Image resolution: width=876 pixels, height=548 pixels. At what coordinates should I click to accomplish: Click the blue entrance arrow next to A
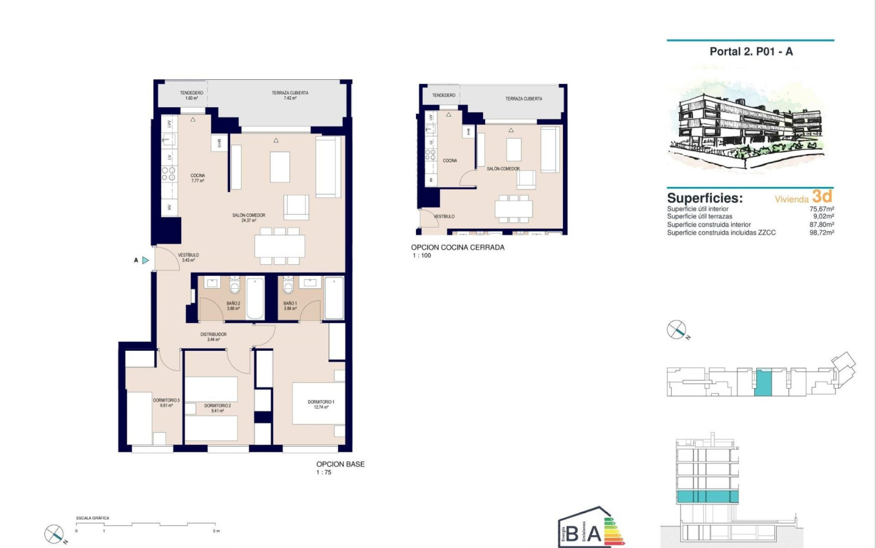(146, 260)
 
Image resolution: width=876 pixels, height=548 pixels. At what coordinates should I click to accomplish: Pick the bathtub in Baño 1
(334, 297)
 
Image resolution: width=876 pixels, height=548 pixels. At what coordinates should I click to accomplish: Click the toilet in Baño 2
(234, 285)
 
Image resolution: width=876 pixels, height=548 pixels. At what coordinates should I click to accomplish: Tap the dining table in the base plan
(280, 246)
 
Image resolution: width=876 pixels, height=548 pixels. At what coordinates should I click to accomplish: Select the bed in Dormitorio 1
(318, 404)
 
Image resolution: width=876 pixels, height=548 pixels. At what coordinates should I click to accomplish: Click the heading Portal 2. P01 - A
(750, 52)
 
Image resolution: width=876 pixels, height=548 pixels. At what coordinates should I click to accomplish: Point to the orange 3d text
(822, 197)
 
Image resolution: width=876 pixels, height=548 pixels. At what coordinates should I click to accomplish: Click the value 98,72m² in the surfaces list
(821, 232)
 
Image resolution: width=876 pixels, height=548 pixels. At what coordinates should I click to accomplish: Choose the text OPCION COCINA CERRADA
(457, 248)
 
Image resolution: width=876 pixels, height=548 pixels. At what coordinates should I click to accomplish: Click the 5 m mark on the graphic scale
(216, 531)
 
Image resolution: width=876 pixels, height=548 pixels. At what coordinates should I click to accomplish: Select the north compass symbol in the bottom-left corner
(54, 534)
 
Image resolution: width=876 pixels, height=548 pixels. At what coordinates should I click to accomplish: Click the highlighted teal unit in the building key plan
(762, 382)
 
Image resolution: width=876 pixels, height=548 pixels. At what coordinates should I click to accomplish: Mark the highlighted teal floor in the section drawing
(707, 496)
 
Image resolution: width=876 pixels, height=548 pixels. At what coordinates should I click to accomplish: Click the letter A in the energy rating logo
(593, 534)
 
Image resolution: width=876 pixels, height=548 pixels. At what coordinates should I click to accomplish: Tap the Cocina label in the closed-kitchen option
(450, 161)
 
